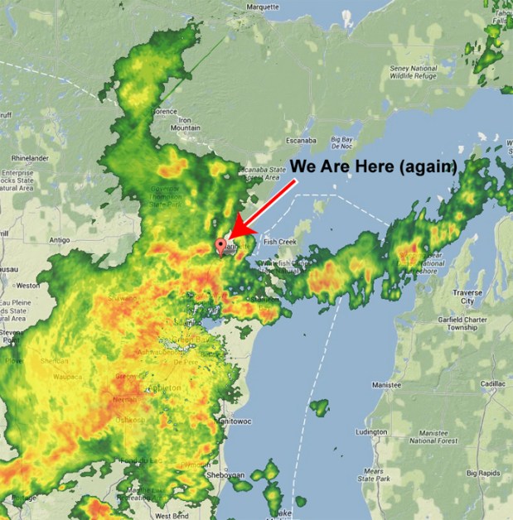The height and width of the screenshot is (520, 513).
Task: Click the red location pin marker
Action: coord(220,245)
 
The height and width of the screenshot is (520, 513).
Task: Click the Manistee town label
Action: coord(387,385)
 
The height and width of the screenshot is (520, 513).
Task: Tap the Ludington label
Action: coord(370,432)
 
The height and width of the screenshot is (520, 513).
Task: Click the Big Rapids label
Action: coord(482,474)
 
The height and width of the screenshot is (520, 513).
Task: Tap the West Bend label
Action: coord(172,515)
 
